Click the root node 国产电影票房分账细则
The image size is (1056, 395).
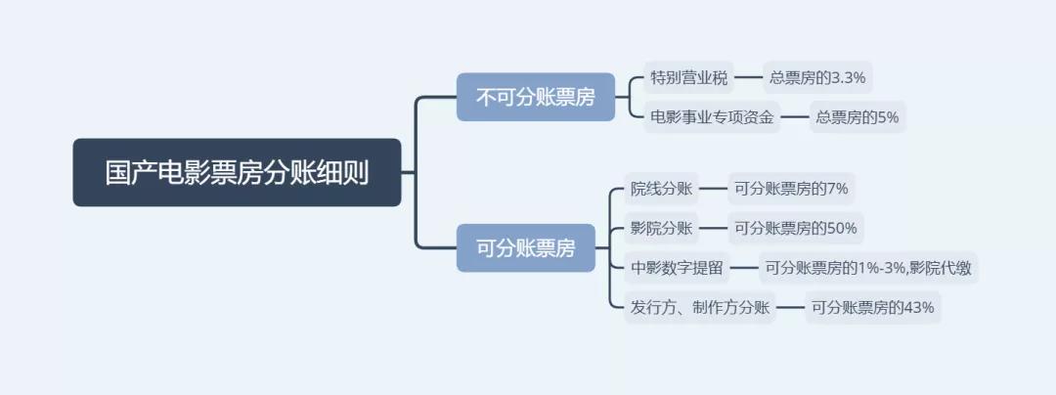[237, 173]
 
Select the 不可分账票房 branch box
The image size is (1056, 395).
[536, 97]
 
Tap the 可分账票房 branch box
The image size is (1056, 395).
[526, 247]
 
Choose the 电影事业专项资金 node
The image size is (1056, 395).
[712, 117]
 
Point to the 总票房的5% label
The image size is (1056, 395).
[857, 117]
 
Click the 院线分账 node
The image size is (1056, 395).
[661, 189]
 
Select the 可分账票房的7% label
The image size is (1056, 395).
[790, 189]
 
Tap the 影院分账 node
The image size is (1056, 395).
[661, 229]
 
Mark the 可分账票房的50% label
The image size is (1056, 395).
[795, 229]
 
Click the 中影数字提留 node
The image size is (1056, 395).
[677, 268]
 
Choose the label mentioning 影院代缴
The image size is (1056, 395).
[867, 268]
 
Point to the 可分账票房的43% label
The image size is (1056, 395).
[872, 308]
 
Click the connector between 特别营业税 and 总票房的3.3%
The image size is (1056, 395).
[748, 77]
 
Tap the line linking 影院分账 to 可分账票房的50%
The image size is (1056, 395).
[713, 229]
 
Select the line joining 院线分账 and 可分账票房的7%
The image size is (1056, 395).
[713, 189]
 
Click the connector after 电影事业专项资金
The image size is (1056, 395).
[795, 117]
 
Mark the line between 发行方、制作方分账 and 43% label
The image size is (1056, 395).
[790, 308]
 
